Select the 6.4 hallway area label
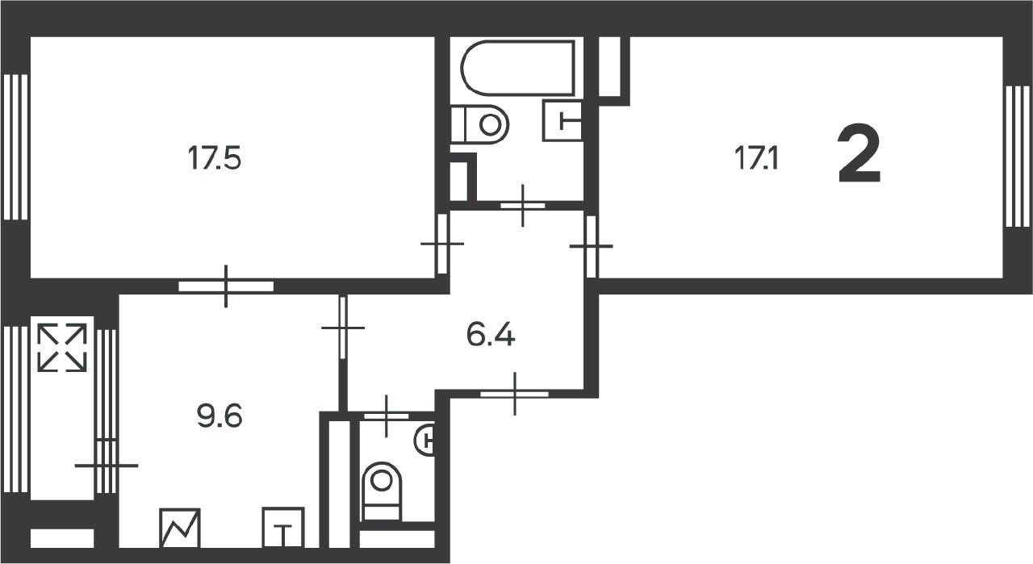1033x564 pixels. tap(491, 332)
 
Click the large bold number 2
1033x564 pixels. tap(859, 157)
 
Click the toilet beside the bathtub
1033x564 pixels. tap(482, 125)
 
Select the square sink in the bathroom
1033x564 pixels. tap(563, 122)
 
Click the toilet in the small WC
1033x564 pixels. tap(382, 488)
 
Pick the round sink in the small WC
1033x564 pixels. tap(425, 441)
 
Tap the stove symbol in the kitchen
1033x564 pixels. tap(179, 528)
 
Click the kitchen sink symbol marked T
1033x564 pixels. tap(282, 528)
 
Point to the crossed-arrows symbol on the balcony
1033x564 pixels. tap(62, 347)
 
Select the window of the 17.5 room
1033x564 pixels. tap(16, 146)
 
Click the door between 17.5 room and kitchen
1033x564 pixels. tap(226, 286)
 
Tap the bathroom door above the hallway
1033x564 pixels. tap(523, 205)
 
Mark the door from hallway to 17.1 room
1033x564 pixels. tap(591, 245)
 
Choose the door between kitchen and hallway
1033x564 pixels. tap(343, 327)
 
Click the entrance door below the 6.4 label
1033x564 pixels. tap(515, 393)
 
